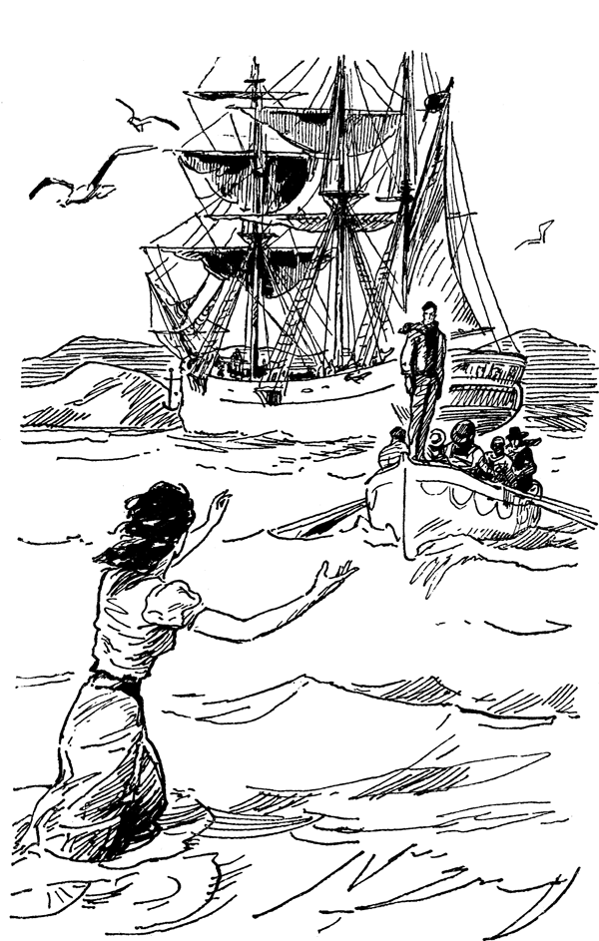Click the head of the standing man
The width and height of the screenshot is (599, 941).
pyautogui.click(x=426, y=312)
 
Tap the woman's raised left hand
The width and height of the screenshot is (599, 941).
pyautogui.click(x=217, y=504)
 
